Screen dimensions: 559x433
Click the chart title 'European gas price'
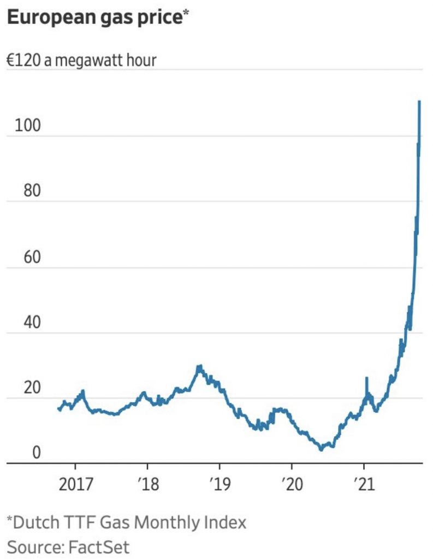[93, 18]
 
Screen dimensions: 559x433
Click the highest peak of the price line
[419, 102]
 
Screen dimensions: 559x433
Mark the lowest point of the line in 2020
[321, 449]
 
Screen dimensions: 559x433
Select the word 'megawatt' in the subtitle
[91, 60]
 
